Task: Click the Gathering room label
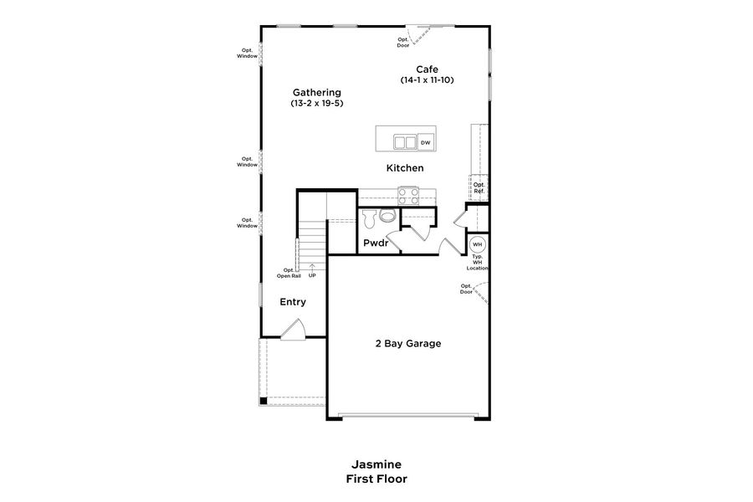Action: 316,92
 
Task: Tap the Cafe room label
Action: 427,69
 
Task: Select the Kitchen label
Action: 404,168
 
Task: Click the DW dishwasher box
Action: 426,143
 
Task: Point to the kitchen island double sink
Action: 405,142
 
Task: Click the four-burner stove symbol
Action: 408,195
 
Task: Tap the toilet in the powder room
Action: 386,217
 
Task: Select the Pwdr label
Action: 376,243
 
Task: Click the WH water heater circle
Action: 477,245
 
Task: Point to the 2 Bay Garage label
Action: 407,343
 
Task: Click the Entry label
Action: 293,302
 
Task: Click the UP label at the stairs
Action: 312,275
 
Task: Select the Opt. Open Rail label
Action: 288,273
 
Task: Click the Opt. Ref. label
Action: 479,188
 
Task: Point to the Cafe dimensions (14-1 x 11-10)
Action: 427,80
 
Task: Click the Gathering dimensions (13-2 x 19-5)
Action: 316,103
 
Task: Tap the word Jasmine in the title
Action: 376,464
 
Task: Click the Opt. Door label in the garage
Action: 466,289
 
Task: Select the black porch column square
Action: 264,401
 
